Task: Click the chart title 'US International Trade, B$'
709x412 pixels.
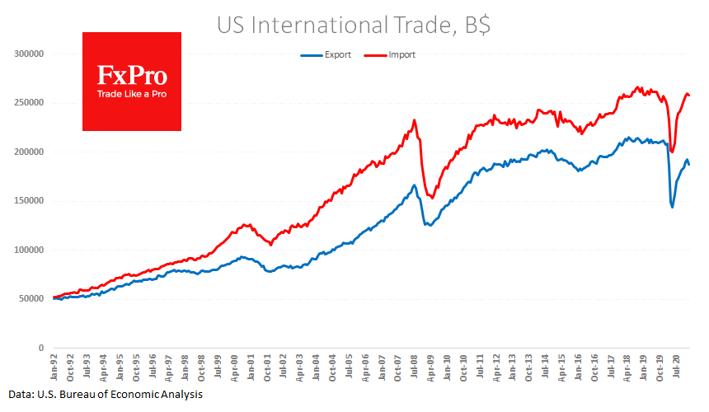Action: (x=354, y=25)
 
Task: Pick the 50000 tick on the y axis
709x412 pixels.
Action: (x=31, y=299)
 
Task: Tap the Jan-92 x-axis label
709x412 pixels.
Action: (x=54, y=366)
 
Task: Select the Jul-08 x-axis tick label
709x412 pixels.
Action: (x=414, y=366)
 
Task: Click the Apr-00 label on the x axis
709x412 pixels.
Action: (x=234, y=366)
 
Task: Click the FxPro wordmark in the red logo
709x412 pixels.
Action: (x=132, y=77)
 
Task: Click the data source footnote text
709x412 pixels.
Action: (x=106, y=396)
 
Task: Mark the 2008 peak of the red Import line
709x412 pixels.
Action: (x=414, y=120)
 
